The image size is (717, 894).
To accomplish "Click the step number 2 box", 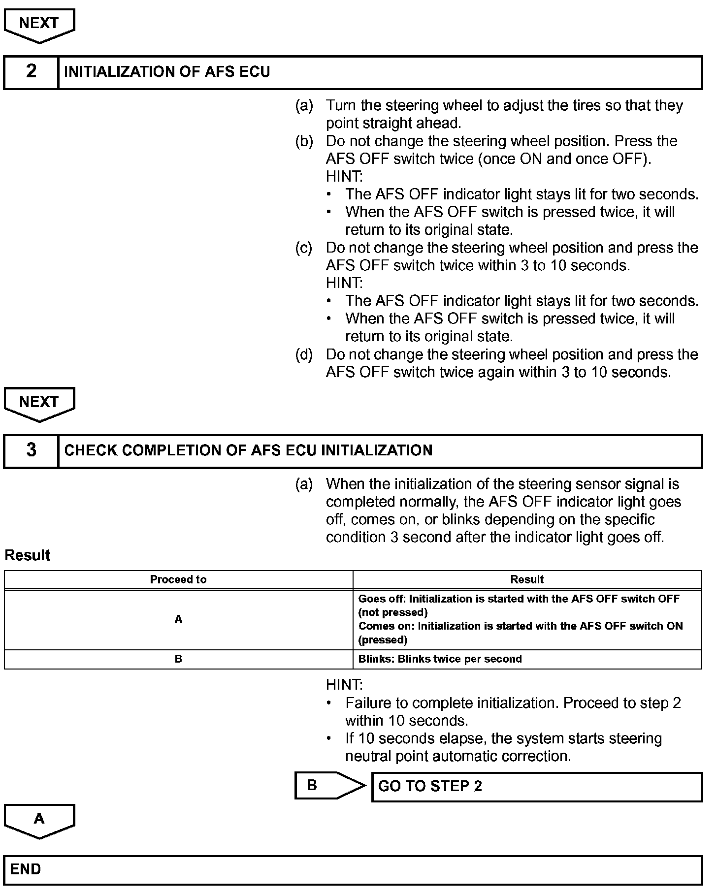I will pyautogui.click(x=31, y=72).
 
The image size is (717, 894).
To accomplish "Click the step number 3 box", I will pyautogui.click(x=31, y=450).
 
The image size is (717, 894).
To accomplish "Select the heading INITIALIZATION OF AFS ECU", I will pyautogui.click(x=167, y=72).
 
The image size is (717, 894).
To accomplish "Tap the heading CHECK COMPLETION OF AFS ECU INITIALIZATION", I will pyautogui.click(x=248, y=451).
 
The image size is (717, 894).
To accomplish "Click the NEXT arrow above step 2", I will pyautogui.click(x=39, y=25).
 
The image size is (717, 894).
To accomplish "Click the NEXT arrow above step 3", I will pyautogui.click(x=39, y=403).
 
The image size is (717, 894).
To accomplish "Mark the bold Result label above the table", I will pyautogui.click(x=28, y=555).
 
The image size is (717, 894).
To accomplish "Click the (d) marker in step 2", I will pyautogui.click(x=304, y=354).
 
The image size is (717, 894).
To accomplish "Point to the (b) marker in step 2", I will pyautogui.click(x=304, y=141).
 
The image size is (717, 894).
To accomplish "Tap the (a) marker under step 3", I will pyautogui.click(x=304, y=484).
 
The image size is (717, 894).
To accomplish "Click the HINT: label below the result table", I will pyautogui.click(x=344, y=685).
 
